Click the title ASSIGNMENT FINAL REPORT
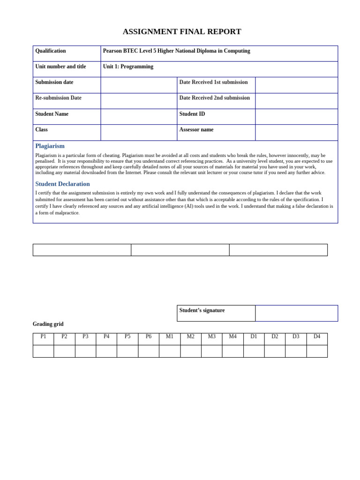click(x=182, y=32)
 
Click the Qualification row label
click(x=51, y=51)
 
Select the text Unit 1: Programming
click(x=128, y=67)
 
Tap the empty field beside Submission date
click(x=139, y=85)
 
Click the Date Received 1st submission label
click(x=213, y=82)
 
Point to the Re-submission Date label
click(x=58, y=98)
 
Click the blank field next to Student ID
click(x=296, y=117)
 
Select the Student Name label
click(x=52, y=114)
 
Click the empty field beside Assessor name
click(x=296, y=133)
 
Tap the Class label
click(x=41, y=130)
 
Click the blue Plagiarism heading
click(x=50, y=146)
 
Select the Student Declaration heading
click(x=62, y=184)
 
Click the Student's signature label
click(x=202, y=310)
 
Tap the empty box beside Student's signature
click(x=296, y=313)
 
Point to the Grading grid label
click(x=48, y=324)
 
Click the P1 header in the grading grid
click(x=43, y=337)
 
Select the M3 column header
click(x=212, y=337)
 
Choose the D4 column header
click(x=317, y=337)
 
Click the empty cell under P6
click(x=149, y=351)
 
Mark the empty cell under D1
click(x=254, y=351)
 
